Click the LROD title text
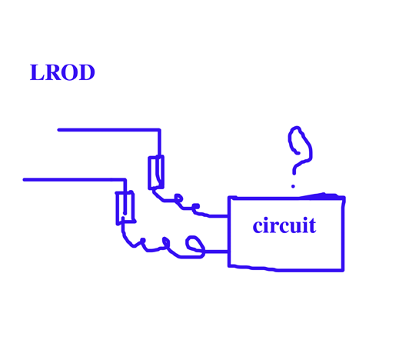[x=62, y=72]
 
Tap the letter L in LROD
[x=37, y=72]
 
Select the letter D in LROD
[x=86, y=72]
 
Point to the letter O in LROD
[x=69, y=72]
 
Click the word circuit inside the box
[x=284, y=225]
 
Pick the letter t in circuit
[x=312, y=226]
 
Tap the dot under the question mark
[x=293, y=186]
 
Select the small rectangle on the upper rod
[x=156, y=172]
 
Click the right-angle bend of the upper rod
[x=160, y=130]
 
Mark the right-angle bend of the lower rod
[x=125, y=180]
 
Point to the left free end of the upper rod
[x=58, y=130]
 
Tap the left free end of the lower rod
[x=25, y=180]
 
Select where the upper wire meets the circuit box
[x=228, y=215]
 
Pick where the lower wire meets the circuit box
[x=228, y=252]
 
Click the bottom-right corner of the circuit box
[x=343, y=270]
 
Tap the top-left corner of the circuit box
[x=229, y=198]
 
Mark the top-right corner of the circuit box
[x=344, y=198]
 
